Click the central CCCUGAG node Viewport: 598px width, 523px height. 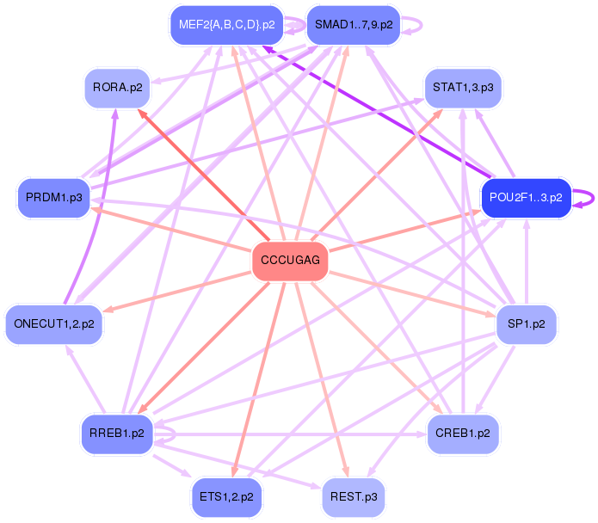(290, 261)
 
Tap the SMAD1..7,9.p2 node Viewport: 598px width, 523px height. (353, 24)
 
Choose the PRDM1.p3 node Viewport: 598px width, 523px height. (53, 198)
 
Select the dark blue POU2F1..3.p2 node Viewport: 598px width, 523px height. (524, 197)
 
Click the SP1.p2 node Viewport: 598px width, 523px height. (527, 324)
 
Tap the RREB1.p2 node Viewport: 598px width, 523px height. (116, 433)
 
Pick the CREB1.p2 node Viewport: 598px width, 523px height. (463, 434)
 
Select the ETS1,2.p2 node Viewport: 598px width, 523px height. (226, 497)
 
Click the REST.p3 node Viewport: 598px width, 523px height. (353, 497)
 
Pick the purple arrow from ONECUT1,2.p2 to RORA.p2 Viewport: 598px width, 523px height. (102, 206)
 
